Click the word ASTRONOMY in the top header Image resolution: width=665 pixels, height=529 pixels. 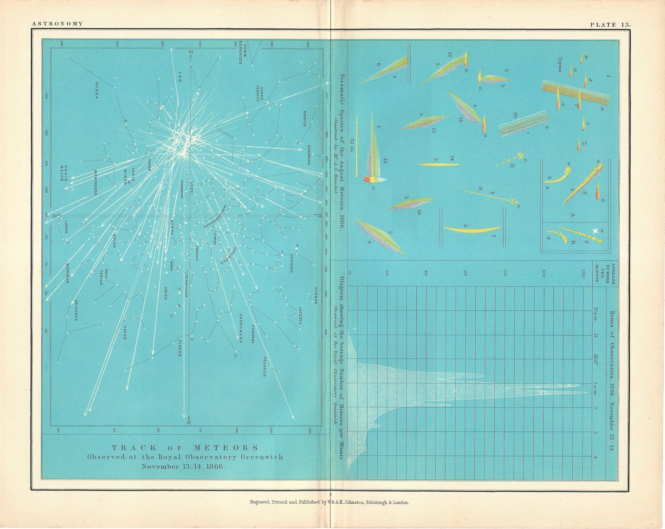(58, 24)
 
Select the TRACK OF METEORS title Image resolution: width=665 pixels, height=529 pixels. (185, 447)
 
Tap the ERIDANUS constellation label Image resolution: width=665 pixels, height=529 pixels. (76, 310)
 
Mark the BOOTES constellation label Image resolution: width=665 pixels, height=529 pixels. (305, 118)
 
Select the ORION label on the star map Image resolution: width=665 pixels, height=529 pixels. (114, 240)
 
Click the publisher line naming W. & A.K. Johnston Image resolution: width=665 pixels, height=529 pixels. (329, 502)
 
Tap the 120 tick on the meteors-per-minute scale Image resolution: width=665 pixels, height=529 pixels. (584, 271)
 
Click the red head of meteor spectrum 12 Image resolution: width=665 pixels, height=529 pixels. (368, 179)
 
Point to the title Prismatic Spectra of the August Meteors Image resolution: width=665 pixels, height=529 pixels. (341, 151)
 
